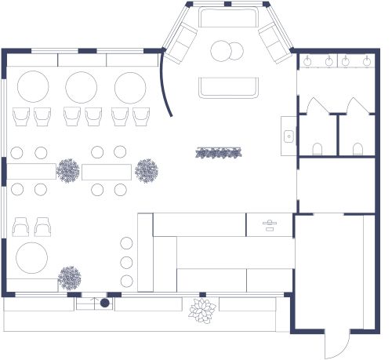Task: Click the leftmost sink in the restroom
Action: [x=307, y=60]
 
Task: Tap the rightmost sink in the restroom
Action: [x=366, y=60]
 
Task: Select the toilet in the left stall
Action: [x=318, y=148]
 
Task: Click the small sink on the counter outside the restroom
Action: [x=289, y=136]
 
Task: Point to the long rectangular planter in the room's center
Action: [x=217, y=152]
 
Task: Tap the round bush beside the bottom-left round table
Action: [x=70, y=277]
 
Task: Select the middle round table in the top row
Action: [x=81, y=86]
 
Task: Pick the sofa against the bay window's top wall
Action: [x=227, y=17]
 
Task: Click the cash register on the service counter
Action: [x=269, y=225]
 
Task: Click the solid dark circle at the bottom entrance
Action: [x=104, y=303]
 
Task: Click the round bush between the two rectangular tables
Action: [x=68, y=169]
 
